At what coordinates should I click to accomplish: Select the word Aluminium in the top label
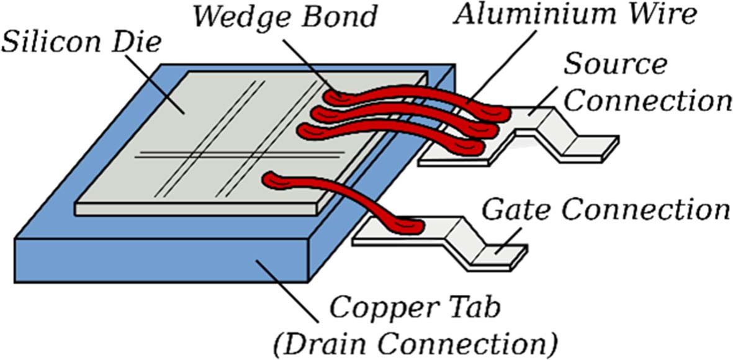click(518, 16)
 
